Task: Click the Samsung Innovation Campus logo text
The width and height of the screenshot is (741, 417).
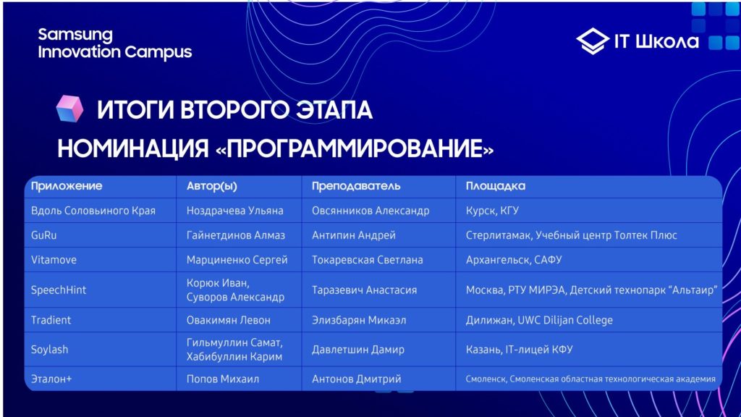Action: click(x=115, y=43)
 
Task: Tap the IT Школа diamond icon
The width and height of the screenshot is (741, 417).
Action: click(x=593, y=41)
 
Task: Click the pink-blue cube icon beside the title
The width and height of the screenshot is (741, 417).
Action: click(x=69, y=109)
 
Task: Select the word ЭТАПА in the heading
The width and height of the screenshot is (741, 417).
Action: click(x=334, y=110)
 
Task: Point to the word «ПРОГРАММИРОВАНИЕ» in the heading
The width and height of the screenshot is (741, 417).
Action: click(x=355, y=148)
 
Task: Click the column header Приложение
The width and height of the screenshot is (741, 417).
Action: click(x=67, y=186)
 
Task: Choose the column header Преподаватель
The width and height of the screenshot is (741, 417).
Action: click(x=356, y=186)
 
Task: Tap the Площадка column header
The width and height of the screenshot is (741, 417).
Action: click(x=495, y=186)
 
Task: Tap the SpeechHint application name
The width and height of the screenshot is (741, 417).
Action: click(x=59, y=290)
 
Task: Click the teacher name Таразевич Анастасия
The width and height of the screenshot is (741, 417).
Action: click(x=365, y=290)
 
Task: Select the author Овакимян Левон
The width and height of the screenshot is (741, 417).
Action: click(x=228, y=320)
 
